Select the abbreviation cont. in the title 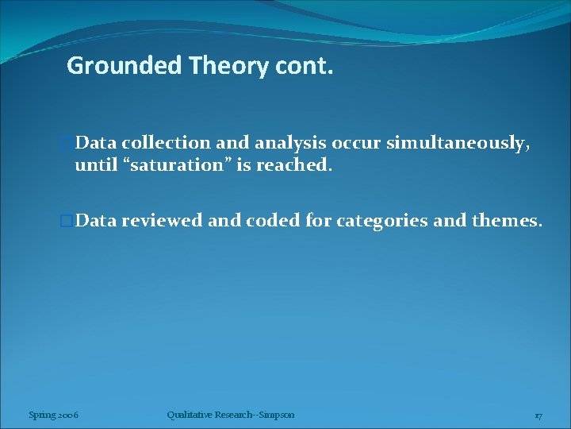click(304, 65)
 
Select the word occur click(357, 143)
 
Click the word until click(94, 166)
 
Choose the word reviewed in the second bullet click(162, 221)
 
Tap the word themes click(507, 221)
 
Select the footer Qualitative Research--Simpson click(231, 415)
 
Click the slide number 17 click(538, 415)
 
